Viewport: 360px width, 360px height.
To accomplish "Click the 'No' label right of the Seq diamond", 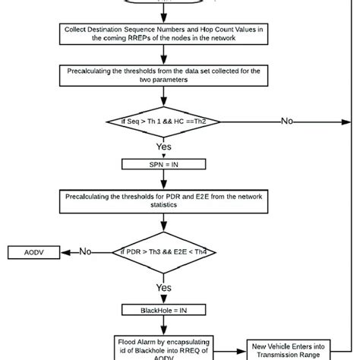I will pyautogui.click(x=289, y=120).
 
